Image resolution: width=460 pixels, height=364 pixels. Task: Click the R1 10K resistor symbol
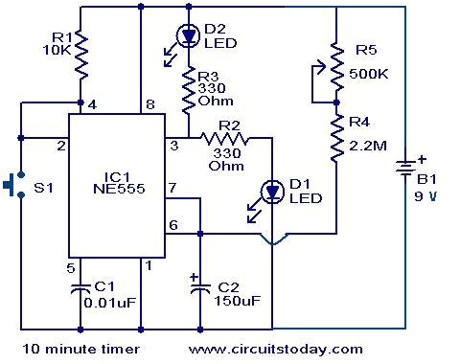point(80,56)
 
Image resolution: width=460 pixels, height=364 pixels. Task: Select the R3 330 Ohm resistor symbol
point(189,87)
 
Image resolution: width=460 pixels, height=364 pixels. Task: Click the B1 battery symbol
point(406,173)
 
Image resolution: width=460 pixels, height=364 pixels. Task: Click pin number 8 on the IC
point(149,104)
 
